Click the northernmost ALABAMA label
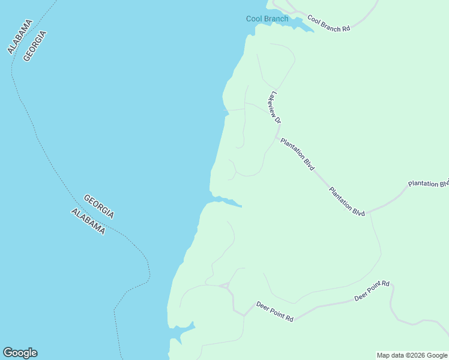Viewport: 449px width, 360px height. [20, 37]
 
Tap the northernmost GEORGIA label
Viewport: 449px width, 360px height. [35, 46]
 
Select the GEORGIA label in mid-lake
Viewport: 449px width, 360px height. [99, 206]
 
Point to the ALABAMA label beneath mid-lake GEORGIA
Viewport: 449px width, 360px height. [88, 221]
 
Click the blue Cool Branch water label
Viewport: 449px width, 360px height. [267, 19]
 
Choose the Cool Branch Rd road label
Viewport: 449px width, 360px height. [328, 24]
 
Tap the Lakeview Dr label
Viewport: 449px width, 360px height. [276, 107]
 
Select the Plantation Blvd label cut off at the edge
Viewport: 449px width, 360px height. [428, 184]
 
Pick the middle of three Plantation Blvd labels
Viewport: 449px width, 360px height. [347, 201]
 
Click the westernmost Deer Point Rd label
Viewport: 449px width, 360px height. [274, 311]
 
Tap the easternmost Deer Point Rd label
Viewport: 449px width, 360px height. [372, 291]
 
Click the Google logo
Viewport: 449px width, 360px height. [20, 353]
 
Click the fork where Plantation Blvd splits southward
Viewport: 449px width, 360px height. [369, 212]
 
